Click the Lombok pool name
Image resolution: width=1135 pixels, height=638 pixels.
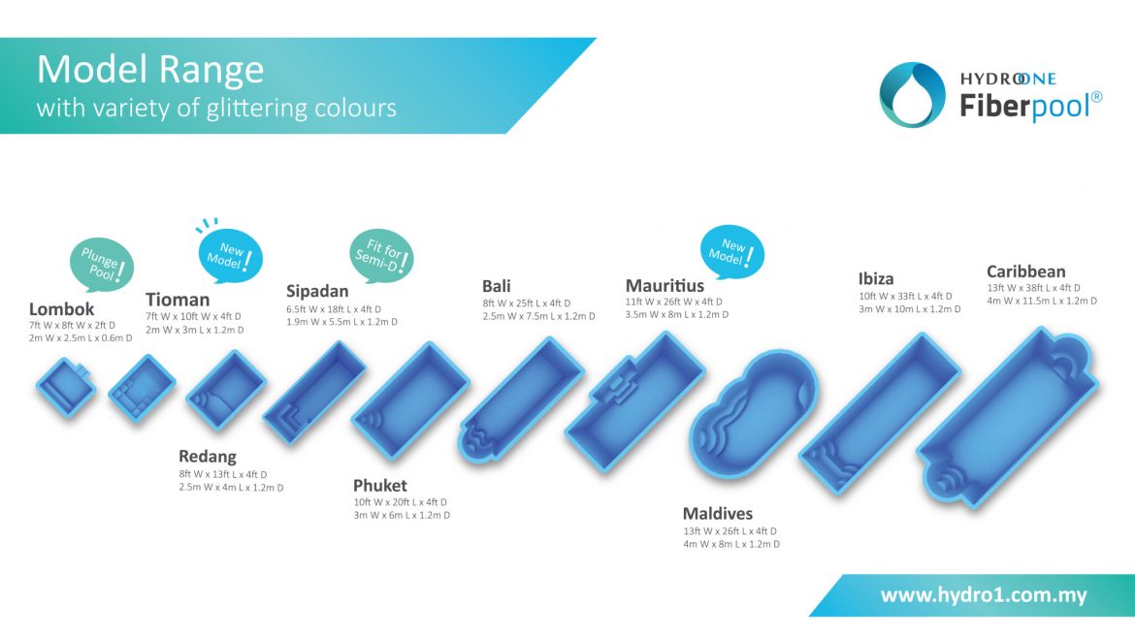point(61,309)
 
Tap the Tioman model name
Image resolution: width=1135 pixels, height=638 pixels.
point(178,300)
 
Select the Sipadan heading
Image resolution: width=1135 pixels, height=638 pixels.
point(317,292)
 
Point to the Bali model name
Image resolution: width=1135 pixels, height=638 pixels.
point(497,286)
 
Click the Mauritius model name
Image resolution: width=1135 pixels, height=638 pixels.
point(665,286)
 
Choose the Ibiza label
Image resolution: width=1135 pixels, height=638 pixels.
point(876,278)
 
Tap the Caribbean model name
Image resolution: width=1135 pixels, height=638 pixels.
point(1025,271)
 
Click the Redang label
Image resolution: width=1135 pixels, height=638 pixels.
point(208,457)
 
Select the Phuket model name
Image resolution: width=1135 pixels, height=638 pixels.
point(380,486)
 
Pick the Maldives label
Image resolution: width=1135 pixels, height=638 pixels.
point(717,514)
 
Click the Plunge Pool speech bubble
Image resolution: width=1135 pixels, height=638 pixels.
point(102,264)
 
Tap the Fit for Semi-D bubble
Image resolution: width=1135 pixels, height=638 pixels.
point(381,256)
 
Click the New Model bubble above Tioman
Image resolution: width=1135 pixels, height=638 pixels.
point(230,255)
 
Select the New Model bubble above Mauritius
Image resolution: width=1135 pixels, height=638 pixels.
point(731,252)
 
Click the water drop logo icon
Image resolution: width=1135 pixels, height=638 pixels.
point(912,95)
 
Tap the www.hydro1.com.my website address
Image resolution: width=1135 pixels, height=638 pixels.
point(984,595)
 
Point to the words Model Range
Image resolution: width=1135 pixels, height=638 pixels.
point(150,70)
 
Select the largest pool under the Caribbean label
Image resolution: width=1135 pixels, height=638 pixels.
point(1008,417)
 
